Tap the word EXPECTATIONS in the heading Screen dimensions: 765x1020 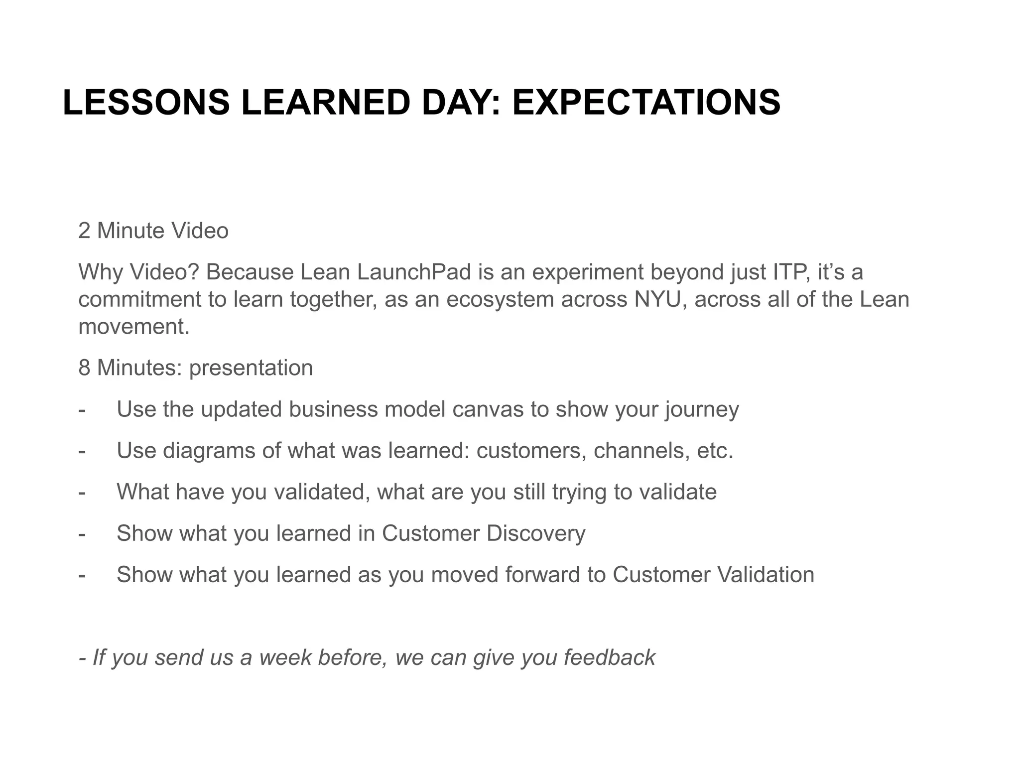tap(646, 103)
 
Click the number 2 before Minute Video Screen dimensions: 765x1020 tap(84, 231)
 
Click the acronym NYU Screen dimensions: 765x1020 tap(657, 299)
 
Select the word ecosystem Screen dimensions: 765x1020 tap(499, 299)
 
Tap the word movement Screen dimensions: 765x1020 tap(134, 327)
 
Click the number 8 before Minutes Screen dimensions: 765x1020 tap(84, 368)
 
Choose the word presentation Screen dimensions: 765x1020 tap(251, 368)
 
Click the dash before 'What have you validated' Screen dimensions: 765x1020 tap(82, 492)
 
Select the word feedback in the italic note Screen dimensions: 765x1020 tap(609, 657)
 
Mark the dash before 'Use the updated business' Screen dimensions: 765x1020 tap(82, 409)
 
